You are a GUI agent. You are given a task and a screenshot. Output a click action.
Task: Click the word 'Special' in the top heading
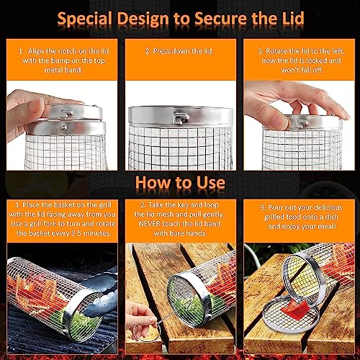click(x=85, y=19)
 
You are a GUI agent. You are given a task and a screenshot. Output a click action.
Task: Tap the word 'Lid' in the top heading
click(x=293, y=18)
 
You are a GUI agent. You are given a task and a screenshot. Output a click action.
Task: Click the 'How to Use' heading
click(x=180, y=183)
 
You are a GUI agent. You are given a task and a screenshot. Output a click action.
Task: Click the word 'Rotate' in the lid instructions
click(x=276, y=51)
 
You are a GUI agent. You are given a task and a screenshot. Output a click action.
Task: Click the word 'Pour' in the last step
click(x=275, y=207)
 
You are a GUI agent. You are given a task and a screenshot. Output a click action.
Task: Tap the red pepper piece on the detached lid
click(x=294, y=310)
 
